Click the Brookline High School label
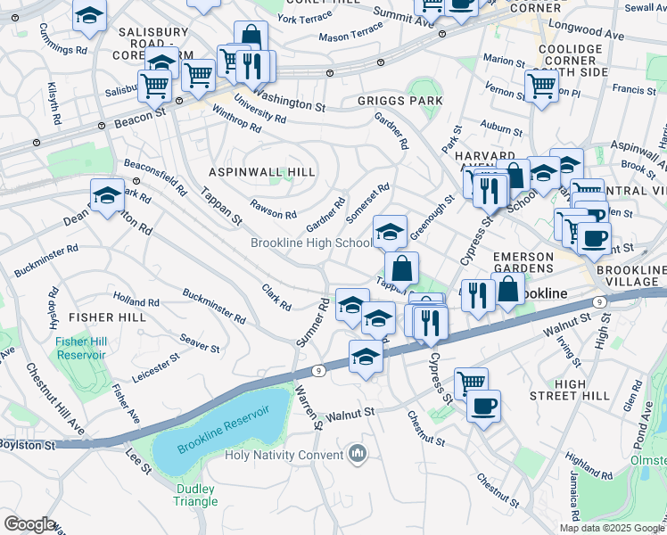311,243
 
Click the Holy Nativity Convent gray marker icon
358,454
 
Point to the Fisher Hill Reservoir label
80,348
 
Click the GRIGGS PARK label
400,101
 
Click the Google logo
29,523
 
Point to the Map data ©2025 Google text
611,528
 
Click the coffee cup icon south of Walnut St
483,407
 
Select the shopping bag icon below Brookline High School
402,267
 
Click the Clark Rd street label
276,297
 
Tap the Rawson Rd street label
273,210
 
